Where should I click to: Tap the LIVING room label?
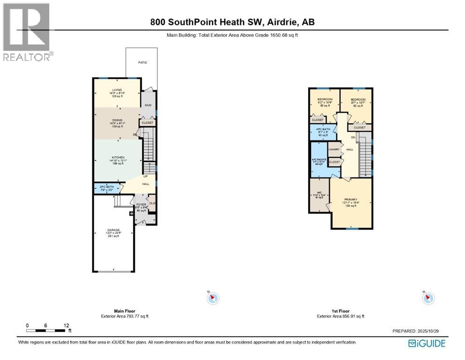pyautogui.click(x=117, y=90)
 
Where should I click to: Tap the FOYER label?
pyautogui.click(x=141, y=205)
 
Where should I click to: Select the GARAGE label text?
pyautogui.click(x=113, y=230)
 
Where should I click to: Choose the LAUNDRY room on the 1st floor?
pyautogui.click(x=334, y=149)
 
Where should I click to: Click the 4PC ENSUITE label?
pyautogui.click(x=318, y=159)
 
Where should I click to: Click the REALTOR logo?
pyautogui.click(x=27, y=32)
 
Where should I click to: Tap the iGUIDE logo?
pyautogui.click(x=427, y=344)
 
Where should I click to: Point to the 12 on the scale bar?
pyautogui.click(x=66, y=325)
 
